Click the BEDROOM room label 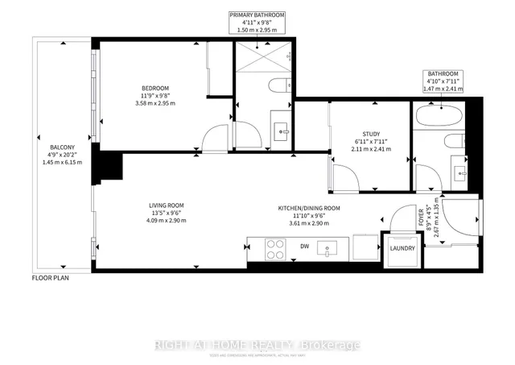155,88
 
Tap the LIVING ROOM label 166,205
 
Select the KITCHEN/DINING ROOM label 308,208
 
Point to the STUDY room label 371,134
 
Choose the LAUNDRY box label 403,247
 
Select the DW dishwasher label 304,246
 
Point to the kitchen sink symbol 329,250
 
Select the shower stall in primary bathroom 262,59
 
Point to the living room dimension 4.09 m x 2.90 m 166,220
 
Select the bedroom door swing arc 213,137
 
